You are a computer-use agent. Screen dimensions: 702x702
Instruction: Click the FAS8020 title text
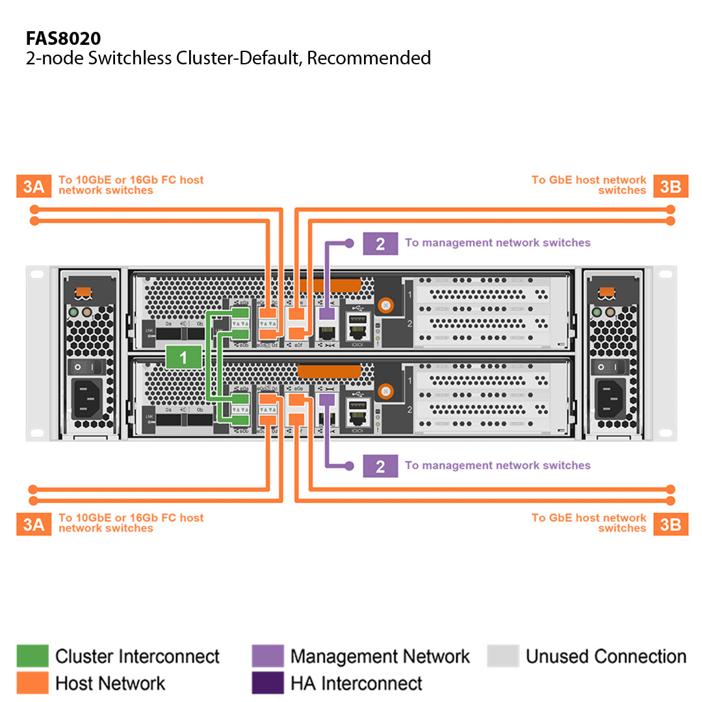click(63, 38)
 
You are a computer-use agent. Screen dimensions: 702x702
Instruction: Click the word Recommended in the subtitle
click(369, 58)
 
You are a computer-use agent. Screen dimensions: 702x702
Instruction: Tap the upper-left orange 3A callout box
click(33, 187)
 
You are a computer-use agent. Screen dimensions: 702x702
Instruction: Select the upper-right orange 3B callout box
click(670, 187)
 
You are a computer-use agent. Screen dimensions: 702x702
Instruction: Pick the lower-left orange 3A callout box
click(33, 524)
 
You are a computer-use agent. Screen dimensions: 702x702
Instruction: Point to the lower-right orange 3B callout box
click(670, 524)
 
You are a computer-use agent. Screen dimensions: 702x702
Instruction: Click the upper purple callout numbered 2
click(380, 243)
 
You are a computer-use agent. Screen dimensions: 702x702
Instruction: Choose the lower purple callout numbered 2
click(380, 466)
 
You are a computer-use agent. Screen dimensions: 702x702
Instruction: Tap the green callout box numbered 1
click(183, 357)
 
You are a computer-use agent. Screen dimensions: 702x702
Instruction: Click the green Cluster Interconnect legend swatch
click(32, 656)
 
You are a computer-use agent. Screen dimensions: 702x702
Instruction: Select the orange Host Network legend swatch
click(32, 682)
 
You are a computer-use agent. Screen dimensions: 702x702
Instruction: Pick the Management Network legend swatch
click(267, 656)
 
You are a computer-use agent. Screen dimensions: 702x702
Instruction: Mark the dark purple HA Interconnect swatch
click(267, 682)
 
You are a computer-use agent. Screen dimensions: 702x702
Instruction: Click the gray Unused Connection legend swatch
click(502, 656)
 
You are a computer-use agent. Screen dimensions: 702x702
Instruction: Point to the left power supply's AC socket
click(89, 398)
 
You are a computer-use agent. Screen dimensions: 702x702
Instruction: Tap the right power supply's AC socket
click(611, 398)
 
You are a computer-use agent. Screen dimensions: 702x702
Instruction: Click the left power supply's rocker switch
click(89, 367)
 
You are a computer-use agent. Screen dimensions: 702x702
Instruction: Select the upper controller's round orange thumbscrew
click(386, 304)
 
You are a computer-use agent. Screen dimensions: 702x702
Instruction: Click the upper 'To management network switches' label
click(497, 243)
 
